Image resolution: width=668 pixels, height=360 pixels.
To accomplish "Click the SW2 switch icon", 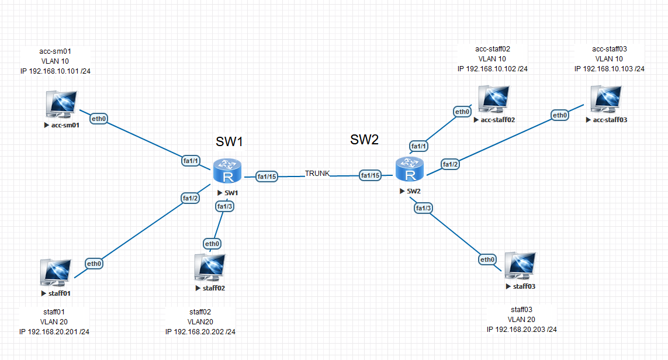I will point(409,170).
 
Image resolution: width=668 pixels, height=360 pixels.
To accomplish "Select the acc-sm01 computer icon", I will point(62,104).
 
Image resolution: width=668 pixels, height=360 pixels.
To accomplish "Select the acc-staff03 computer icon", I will point(605,100).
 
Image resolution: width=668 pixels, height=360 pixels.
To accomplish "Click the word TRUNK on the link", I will point(317,174).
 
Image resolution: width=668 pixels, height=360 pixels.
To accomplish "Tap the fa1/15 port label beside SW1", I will point(266,176).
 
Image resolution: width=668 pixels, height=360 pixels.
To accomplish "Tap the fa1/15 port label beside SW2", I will point(369,175).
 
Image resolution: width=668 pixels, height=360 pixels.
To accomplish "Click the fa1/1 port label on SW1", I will point(191,161).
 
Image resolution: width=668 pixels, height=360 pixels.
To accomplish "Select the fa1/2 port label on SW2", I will point(450,165).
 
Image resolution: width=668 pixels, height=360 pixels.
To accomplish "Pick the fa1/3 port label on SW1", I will point(225,206).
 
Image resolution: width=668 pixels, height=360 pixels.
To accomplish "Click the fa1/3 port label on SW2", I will point(424,208).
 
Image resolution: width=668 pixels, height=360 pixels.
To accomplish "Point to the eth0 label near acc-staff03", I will point(560,116).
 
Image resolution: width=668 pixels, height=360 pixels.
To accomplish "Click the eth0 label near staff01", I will point(95,264).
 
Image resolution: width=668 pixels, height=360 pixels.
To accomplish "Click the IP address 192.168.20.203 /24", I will point(521,330).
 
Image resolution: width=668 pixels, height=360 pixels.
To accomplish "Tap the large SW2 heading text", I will point(365,139).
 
